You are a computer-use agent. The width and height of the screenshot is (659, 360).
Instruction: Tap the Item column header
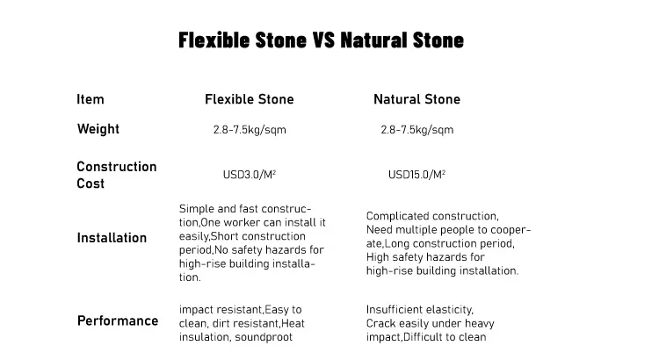click(91, 99)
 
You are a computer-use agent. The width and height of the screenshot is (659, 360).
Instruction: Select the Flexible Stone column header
click(250, 99)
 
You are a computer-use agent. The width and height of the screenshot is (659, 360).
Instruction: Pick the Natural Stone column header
click(416, 99)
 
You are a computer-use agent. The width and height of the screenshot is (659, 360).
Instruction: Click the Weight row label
click(98, 129)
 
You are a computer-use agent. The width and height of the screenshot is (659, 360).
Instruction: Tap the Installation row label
click(112, 238)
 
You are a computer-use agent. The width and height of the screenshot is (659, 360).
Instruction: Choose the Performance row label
click(118, 320)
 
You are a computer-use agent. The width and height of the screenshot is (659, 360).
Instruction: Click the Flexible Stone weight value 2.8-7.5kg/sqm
click(250, 130)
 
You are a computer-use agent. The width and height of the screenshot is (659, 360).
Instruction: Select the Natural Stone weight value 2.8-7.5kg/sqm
click(416, 130)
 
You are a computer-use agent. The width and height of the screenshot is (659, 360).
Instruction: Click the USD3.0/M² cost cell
click(250, 175)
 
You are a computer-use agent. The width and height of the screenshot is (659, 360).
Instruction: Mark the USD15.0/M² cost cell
click(416, 175)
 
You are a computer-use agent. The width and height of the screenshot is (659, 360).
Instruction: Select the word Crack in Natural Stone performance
click(381, 323)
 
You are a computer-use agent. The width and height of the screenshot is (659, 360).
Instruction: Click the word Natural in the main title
click(375, 40)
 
